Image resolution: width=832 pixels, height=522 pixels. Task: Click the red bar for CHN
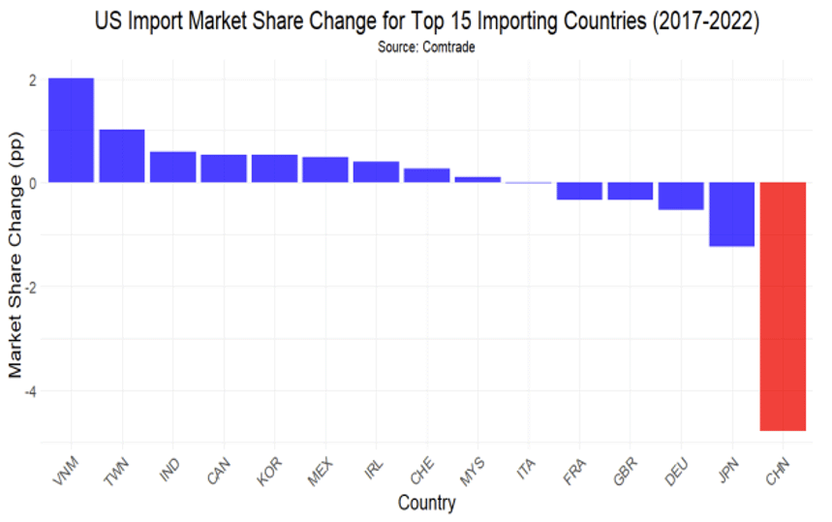click(x=783, y=306)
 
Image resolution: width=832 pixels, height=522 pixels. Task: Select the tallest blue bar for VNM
click(x=71, y=130)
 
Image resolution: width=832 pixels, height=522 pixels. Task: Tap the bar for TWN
click(x=122, y=156)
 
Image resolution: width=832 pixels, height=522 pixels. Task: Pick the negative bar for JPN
click(x=731, y=214)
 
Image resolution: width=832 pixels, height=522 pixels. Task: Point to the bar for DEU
click(x=681, y=196)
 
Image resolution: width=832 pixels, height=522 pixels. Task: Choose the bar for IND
click(x=172, y=167)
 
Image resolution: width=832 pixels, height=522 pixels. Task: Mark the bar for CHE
click(x=426, y=175)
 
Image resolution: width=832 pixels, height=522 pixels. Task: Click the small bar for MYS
click(x=478, y=179)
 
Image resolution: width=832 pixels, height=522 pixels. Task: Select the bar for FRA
click(x=579, y=191)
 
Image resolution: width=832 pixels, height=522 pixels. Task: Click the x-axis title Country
click(x=426, y=504)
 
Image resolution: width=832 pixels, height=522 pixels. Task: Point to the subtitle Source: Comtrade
click(x=426, y=46)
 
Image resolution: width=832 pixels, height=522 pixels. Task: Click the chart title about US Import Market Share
click(x=426, y=20)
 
